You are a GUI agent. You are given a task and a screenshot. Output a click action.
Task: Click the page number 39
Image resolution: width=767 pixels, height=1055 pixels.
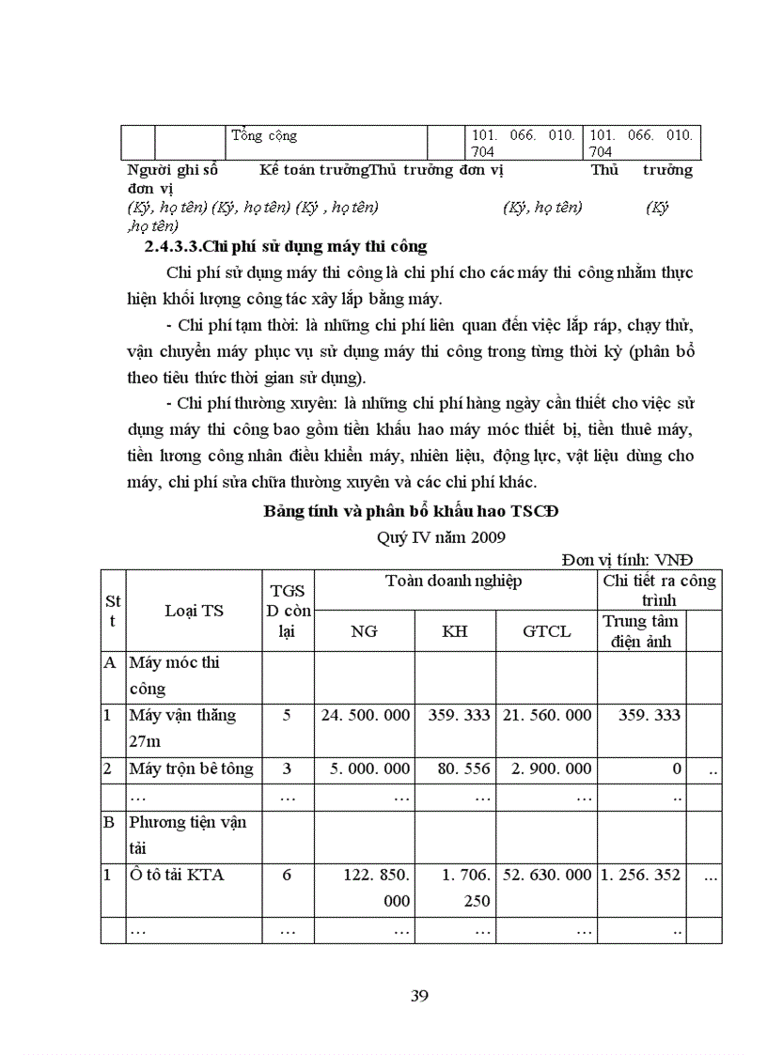pyautogui.click(x=419, y=996)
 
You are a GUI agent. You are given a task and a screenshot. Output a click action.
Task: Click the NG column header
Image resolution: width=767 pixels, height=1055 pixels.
pyautogui.click(x=364, y=631)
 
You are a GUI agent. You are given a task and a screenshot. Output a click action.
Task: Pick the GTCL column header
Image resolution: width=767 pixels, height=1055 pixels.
pyautogui.click(x=546, y=631)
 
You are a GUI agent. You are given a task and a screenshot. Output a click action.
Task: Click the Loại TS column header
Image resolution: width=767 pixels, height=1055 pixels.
pyautogui.click(x=194, y=611)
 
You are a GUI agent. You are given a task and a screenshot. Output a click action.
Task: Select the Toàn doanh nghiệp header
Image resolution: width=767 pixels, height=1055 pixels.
pyautogui.click(x=454, y=581)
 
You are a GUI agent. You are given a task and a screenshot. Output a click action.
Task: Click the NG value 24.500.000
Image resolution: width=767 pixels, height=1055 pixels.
pyautogui.click(x=366, y=715)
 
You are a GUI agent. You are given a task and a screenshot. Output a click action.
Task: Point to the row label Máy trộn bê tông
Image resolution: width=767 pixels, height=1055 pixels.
pyautogui.click(x=191, y=768)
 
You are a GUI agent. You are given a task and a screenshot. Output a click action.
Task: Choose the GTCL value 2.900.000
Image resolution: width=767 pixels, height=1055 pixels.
pyautogui.click(x=551, y=768)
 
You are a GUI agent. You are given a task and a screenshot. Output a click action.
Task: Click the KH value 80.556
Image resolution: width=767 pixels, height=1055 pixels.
pyautogui.click(x=463, y=768)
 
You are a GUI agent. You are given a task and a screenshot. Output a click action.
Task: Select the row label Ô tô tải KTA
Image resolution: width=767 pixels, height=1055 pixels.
pyautogui.click(x=177, y=875)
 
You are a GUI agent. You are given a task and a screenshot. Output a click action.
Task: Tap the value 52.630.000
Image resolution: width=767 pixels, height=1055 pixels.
pyautogui.click(x=546, y=875)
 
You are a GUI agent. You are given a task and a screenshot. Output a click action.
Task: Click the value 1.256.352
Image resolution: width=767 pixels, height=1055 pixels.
pyautogui.click(x=641, y=875)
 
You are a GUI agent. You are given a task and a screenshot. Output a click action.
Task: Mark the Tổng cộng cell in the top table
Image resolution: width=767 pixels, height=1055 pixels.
pyautogui.click(x=263, y=135)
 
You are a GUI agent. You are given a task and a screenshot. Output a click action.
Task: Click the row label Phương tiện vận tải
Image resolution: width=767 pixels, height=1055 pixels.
pyautogui.click(x=188, y=834)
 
